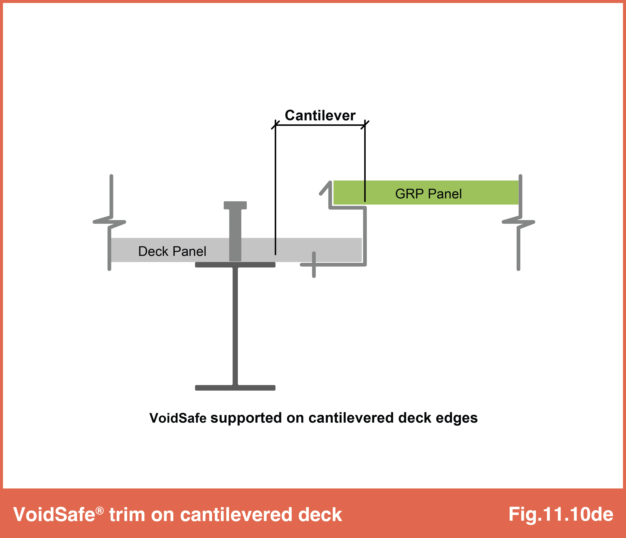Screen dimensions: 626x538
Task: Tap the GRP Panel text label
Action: click(428, 194)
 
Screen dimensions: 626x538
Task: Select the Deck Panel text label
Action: click(172, 251)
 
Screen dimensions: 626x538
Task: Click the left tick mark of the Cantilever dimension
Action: click(275, 124)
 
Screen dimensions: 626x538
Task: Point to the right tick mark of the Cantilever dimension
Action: click(365, 124)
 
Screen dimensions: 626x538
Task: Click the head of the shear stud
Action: click(235, 205)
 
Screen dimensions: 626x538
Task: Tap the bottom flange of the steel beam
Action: click(235, 388)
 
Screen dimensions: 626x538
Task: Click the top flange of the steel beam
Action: click(235, 265)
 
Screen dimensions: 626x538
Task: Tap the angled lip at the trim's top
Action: click(325, 188)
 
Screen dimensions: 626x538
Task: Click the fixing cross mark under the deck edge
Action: click(314, 265)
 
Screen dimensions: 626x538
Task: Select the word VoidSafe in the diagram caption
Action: click(178, 418)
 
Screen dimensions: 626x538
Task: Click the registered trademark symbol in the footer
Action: click(100, 511)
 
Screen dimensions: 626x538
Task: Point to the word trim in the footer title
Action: click(127, 514)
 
